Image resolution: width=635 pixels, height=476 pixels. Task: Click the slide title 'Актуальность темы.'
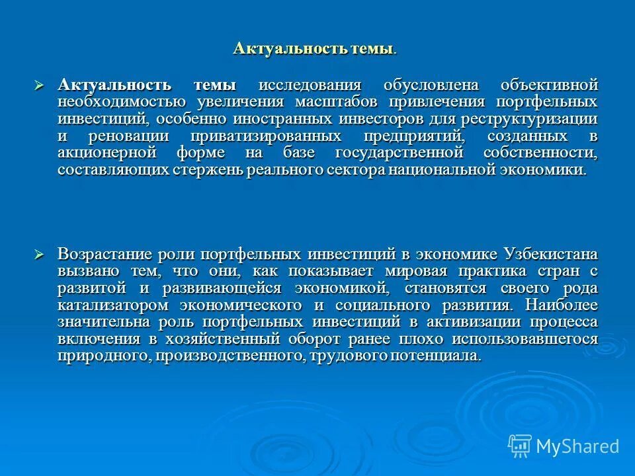pyautogui.click(x=316, y=49)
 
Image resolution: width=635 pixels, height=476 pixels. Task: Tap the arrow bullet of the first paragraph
pyautogui.click(x=39, y=85)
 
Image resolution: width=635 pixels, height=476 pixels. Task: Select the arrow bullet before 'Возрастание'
pyautogui.click(x=39, y=255)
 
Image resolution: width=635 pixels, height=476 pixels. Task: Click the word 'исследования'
pyautogui.click(x=310, y=85)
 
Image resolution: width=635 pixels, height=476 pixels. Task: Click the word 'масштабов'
pyautogui.click(x=337, y=102)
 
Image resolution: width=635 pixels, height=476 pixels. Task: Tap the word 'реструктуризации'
pyautogui.click(x=534, y=119)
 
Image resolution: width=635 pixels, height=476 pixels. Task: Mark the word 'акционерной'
pyautogui.click(x=107, y=153)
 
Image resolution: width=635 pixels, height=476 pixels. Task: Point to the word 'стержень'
pyautogui.click(x=212, y=170)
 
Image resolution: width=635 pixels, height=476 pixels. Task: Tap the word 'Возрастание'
pyautogui.click(x=105, y=255)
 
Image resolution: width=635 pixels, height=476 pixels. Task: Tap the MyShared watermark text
pyautogui.click(x=577, y=446)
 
